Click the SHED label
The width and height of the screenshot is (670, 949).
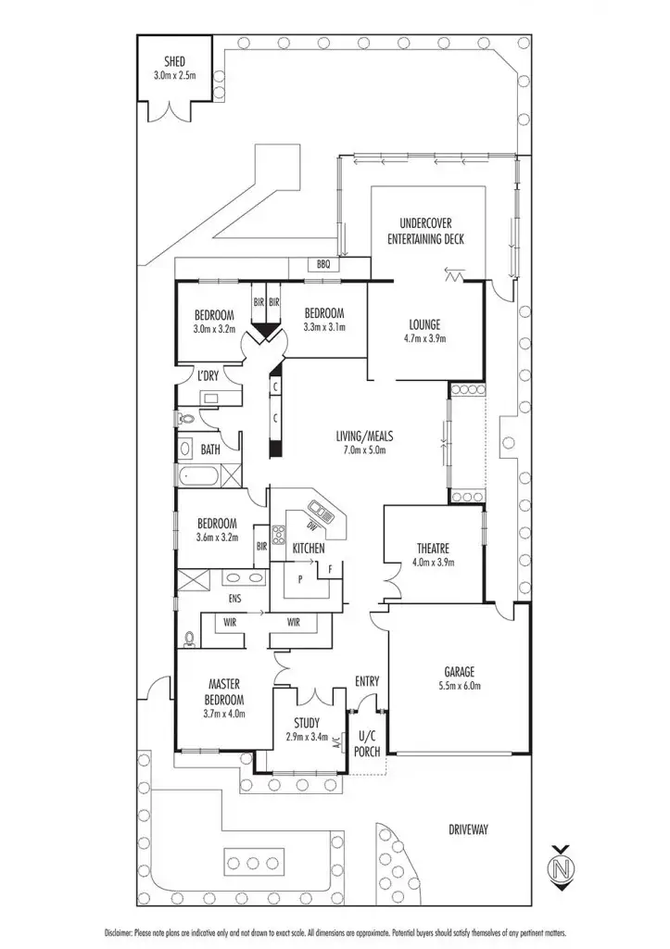pos(175,62)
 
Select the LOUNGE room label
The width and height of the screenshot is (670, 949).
pos(425,324)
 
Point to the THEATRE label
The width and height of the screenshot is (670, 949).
pos(433,547)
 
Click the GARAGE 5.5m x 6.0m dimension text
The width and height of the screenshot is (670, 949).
pos(459,687)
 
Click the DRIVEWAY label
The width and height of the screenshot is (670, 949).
pos(467,829)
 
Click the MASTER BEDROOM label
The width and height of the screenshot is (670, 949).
pos(225,692)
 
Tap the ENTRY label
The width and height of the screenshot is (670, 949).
pos(367,682)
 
